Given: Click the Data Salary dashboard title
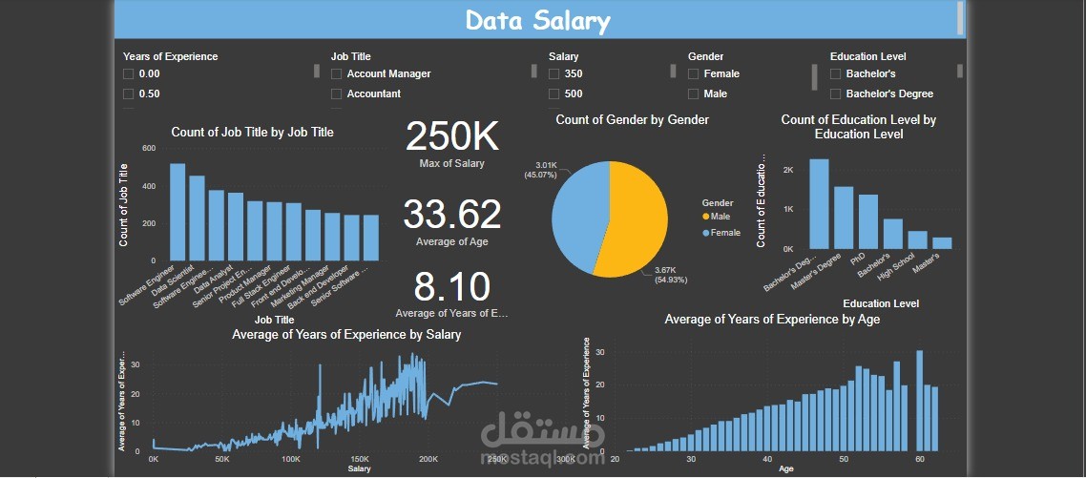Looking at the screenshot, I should point(537,20).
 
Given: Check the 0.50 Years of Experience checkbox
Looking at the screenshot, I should point(128,94).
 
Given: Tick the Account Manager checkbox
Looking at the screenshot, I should point(336,73).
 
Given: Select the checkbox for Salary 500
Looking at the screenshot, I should point(553,94).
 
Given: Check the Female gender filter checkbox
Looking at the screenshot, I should point(693,73).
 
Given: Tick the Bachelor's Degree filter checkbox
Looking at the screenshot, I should point(836,94).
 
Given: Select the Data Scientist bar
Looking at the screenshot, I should point(197,218).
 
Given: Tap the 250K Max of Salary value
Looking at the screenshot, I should point(451,137).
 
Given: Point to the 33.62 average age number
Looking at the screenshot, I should point(451,215).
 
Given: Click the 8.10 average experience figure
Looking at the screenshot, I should point(451,287).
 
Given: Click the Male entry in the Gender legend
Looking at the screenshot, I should point(721,217).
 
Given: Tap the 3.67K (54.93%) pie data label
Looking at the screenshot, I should point(672,274).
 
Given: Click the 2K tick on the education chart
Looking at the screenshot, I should point(787,170).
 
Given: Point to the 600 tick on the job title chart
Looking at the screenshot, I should point(149,149).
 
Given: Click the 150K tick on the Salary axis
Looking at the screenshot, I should point(360,459).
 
